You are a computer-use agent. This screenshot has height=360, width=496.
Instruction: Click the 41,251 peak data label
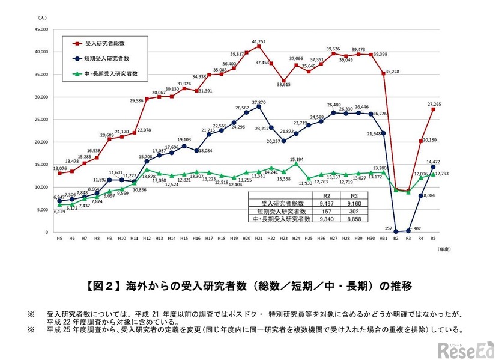pyautogui.click(x=258, y=40)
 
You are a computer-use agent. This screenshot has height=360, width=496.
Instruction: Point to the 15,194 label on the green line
pyautogui.click(x=297, y=159)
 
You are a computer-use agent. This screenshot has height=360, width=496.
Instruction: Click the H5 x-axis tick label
pyautogui.click(x=59, y=239)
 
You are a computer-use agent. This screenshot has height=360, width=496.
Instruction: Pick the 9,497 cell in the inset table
pyautogui.click(x=328, y=204)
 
